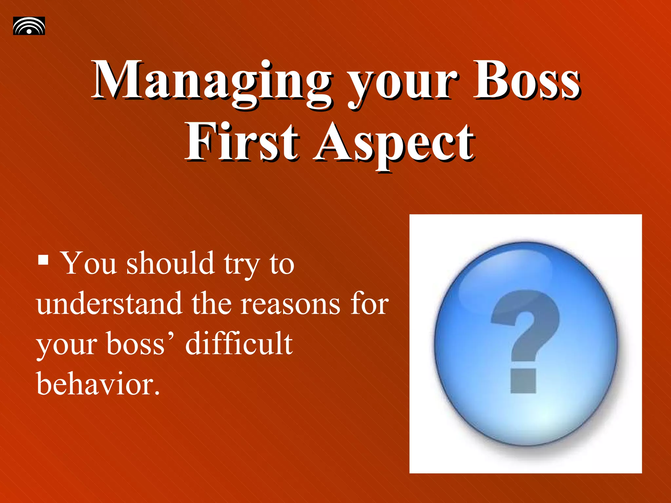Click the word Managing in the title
211,82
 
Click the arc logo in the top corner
29,26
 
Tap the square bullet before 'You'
43,260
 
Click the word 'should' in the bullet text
170,264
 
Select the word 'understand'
109,304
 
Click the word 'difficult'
239,344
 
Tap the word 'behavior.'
98,384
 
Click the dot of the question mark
523,381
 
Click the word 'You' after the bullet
89,264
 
